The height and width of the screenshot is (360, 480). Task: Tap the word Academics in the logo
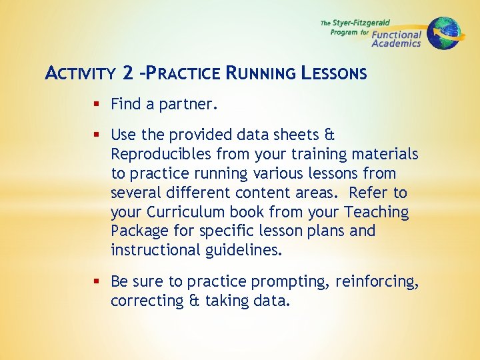pyautogui.click(x=396, y=43)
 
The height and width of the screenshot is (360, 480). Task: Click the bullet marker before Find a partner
pyautogui.click(x=97, y=104)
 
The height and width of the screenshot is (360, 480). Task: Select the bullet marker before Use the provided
pyautogui.click(x=97, y=135)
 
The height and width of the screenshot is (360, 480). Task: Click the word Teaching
pyautogui.click(x=376, y=212)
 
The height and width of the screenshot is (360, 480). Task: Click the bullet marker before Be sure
pyautogui.click(x=97, y=282)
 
